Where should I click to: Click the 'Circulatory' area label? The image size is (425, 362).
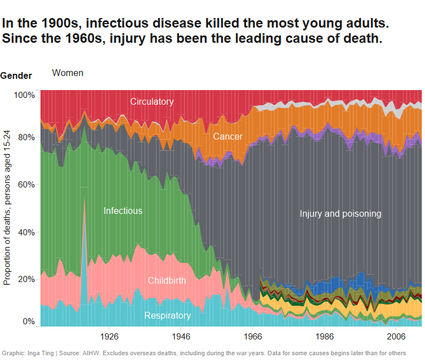[x=152, y=102]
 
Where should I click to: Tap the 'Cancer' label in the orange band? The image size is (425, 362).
[x=227, y=137]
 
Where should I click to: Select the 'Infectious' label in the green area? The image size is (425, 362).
[x=123, y=211]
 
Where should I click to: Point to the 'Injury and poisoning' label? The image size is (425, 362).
[x=341, y=214]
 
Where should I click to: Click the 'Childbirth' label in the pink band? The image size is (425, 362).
[x=167, y=280]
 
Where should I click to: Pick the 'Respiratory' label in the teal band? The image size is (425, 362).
[x=167, y=316]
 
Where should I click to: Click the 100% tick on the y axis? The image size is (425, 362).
[x=24, y=95]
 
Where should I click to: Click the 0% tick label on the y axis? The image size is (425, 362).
[x=28, y=322]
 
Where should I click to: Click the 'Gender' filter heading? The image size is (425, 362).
[x=16, y=76]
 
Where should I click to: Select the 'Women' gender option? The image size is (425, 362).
[x=68, y=73]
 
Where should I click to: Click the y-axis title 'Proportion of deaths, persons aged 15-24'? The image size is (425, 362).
[x=8, y=207]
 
